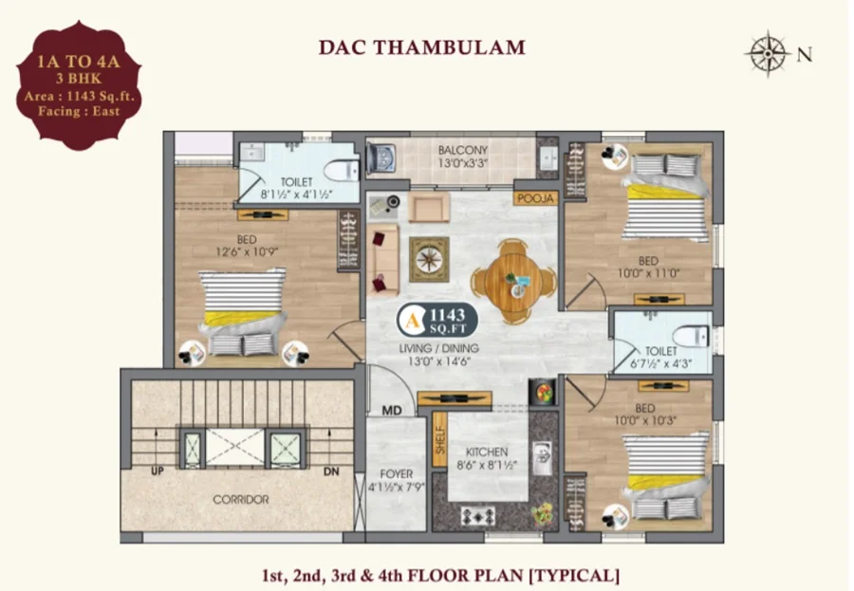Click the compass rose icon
[x=768, y=53]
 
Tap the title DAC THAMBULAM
[x=422, y=47]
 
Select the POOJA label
[x=536, y=199]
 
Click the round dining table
[x=513, y=281]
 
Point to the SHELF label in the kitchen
[x=440, y=439]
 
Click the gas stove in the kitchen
[x=478, y=516]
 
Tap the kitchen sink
[x=542, y=458]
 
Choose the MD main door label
[x=392, y=410]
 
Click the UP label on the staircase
[x=157, y=471]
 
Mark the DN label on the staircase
[x=331, y=471]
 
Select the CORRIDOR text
[x=241, y=500]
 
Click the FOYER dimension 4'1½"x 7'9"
[x=396, y=488]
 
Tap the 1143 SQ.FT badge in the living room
[x=437, y=321]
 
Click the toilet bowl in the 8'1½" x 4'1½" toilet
[x=342, y=171]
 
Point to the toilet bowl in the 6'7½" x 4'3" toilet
[x=691, y=336]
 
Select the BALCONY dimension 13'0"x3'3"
[x=462, y=163]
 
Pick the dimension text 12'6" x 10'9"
[x=247, y=252]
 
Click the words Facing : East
[x=79, y=112]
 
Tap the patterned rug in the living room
[x=429, y=259]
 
